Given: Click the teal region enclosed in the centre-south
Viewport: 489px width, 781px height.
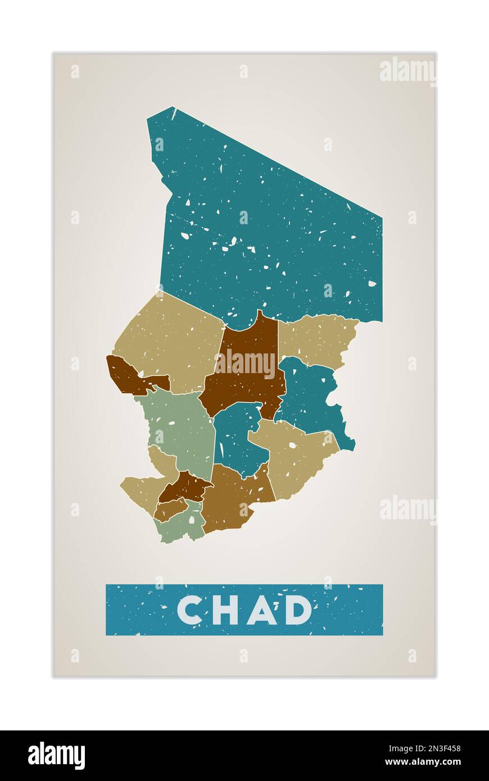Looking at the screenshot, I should [x=236, y=438].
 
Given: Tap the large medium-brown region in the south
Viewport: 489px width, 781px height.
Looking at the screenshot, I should [x=230, y=497].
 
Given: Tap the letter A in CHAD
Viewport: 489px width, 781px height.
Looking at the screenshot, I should [x=261, y=610].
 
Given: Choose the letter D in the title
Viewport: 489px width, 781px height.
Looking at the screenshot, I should [x=298, y=610].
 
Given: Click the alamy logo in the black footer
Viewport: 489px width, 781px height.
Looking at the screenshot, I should [x=56, y=756].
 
